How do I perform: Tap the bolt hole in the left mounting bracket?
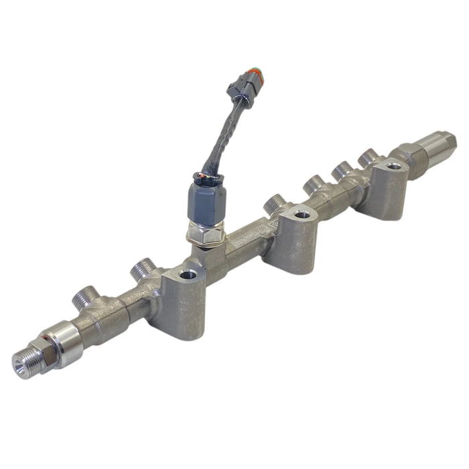click(x=188, y=273)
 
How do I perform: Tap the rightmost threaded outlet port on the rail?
click(x=367, y=157)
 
